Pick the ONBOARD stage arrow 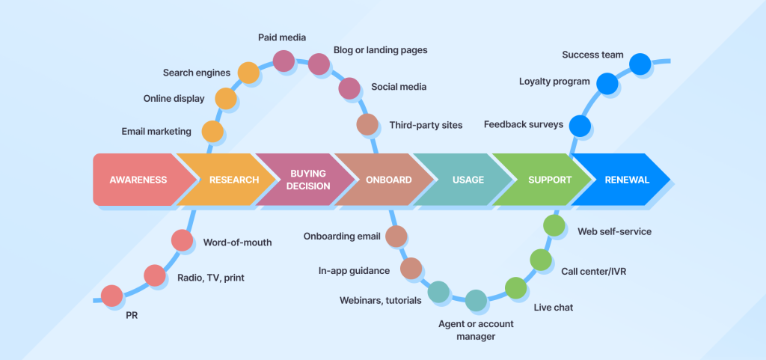[x=387, y=180]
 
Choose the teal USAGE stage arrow [x=468, y=180]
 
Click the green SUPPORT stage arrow [x=549, y=180]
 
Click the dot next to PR [x=112, y=296]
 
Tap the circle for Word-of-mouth [x=182, y=240]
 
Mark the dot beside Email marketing [x=213, y=132]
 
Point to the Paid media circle [x=284, y=61]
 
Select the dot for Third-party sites [x=367, y=124]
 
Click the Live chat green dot [x=516, y=287]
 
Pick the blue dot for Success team [x=640, y=64]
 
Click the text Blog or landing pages [x=380, y=50]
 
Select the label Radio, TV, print [x=210, y=278]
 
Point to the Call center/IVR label [x=593, y=271]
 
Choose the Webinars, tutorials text [x=381, y=300]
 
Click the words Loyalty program [x=554, y=81]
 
